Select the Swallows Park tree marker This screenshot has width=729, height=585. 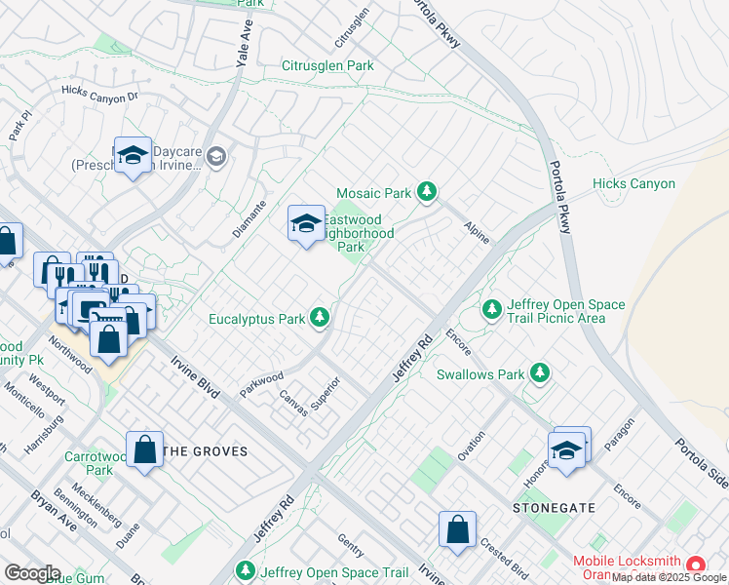(x=538, y=373)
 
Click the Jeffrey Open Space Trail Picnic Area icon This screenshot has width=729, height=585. (x=493, y=310)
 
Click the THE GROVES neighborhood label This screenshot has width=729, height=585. (x=205, y=451)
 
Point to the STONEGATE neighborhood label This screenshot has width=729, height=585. (x=547, y=509)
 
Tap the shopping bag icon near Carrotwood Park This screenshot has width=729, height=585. (x=145, y=450)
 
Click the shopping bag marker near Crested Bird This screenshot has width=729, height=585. (x=457, y=530)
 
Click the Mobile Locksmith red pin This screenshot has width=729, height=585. (x=696, y=565)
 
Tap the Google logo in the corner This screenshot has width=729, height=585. (x=32, y=573)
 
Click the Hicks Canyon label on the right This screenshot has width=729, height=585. (x=633, y=183)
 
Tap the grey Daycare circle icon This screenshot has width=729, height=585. (x=215, y=156)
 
